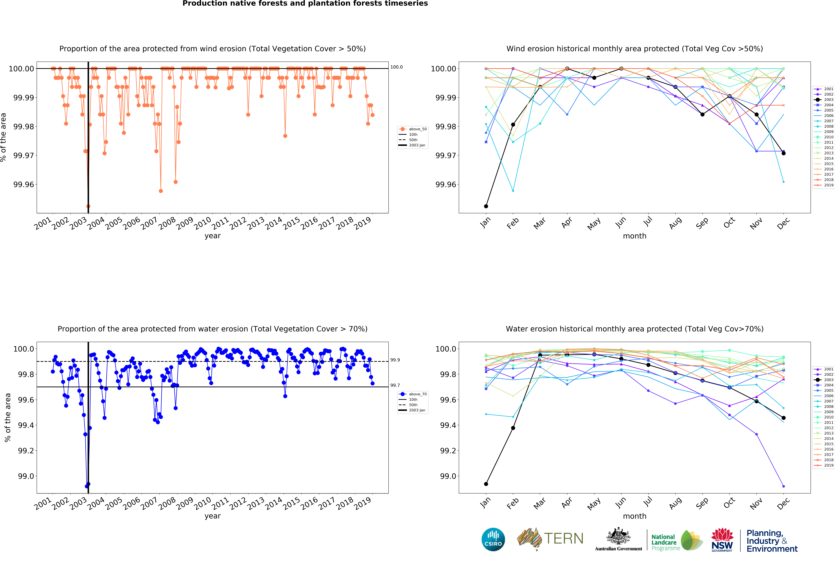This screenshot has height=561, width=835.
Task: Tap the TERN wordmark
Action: point(563,538)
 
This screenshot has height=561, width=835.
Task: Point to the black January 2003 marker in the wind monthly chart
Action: point(486,206)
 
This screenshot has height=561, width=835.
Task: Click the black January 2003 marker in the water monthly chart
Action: point(486,484)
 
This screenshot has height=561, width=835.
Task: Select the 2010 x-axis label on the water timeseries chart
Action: point(202,503)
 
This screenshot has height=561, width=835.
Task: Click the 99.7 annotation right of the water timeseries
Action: point(395,385)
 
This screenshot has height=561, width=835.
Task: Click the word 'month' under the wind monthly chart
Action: point(634,236)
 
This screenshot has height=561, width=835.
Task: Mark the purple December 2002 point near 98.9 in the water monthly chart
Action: point(784,486)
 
